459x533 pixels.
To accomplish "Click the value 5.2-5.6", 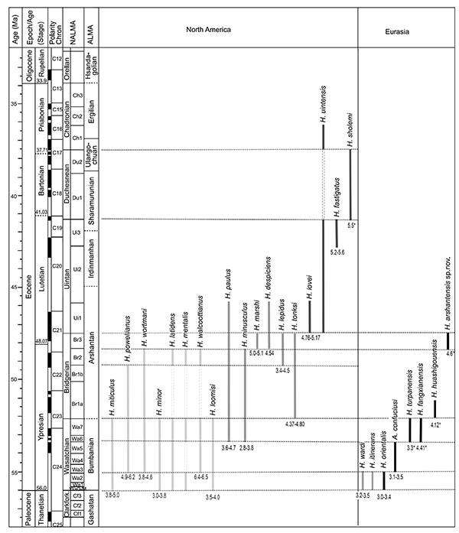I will click(x=337, y=252).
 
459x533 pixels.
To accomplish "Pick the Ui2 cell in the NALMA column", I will click(x=76, y=269).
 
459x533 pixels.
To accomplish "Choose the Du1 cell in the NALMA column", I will click(x=76, y=197).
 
